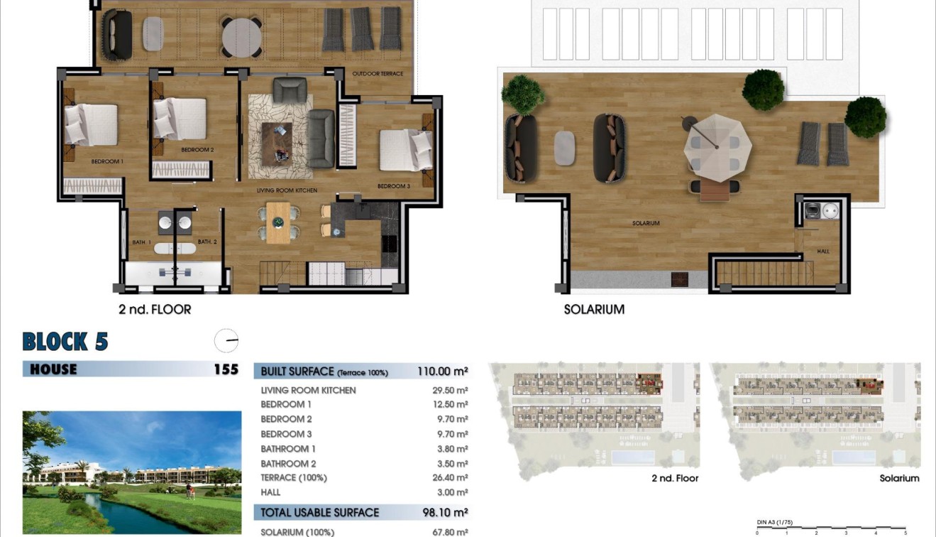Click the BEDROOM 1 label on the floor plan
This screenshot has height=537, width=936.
(x=107, y=161)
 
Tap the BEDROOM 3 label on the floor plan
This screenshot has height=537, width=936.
(x=393, y=186)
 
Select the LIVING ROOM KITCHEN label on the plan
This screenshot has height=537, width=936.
(x=287, y=190)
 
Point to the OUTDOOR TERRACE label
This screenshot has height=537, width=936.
(x=378, y=74)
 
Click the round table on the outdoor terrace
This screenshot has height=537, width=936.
(x=241, y=36)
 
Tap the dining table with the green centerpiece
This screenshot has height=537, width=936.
(x=278, y=222)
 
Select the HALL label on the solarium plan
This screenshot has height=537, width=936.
(x=822, y=251)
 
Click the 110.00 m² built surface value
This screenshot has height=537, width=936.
(x=441, y=371)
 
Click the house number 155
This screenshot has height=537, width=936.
(x=226, y=369)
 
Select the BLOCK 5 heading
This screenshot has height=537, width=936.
(x=65, y=342)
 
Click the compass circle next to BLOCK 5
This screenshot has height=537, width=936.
(x=226, y=341)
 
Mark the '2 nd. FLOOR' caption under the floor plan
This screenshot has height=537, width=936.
(x=155, y=310)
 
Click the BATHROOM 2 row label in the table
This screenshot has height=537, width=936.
(x=288, y=464)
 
